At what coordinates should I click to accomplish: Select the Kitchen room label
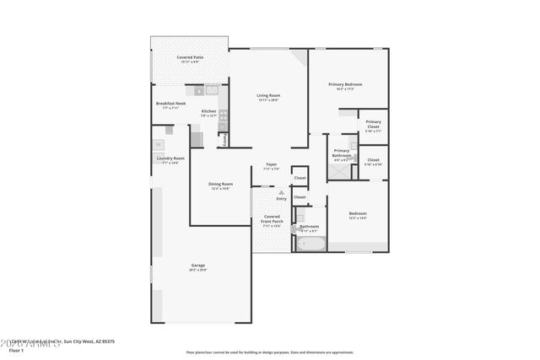tap(208, 111)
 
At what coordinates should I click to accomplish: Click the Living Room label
tap(268, 96)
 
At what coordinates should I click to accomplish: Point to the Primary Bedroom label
tap(346, 84)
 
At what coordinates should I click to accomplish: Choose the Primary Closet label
tap(373, 126)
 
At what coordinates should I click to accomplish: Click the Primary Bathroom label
tap(342, 152)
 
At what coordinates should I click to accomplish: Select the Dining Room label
tap(221, 185)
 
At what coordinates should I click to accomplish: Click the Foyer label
tap(271, 165)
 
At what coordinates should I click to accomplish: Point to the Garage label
tap(197, 266)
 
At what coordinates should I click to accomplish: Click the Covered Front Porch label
tap(272, 221)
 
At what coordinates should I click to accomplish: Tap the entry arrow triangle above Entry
tap(281, 192)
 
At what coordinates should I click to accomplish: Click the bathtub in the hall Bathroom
tap(309, 244)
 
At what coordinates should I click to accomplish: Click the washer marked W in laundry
tap(158, 145)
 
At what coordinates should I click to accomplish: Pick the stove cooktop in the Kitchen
tap(223, 117)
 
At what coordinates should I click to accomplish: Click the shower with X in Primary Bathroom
tap(338, 169)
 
